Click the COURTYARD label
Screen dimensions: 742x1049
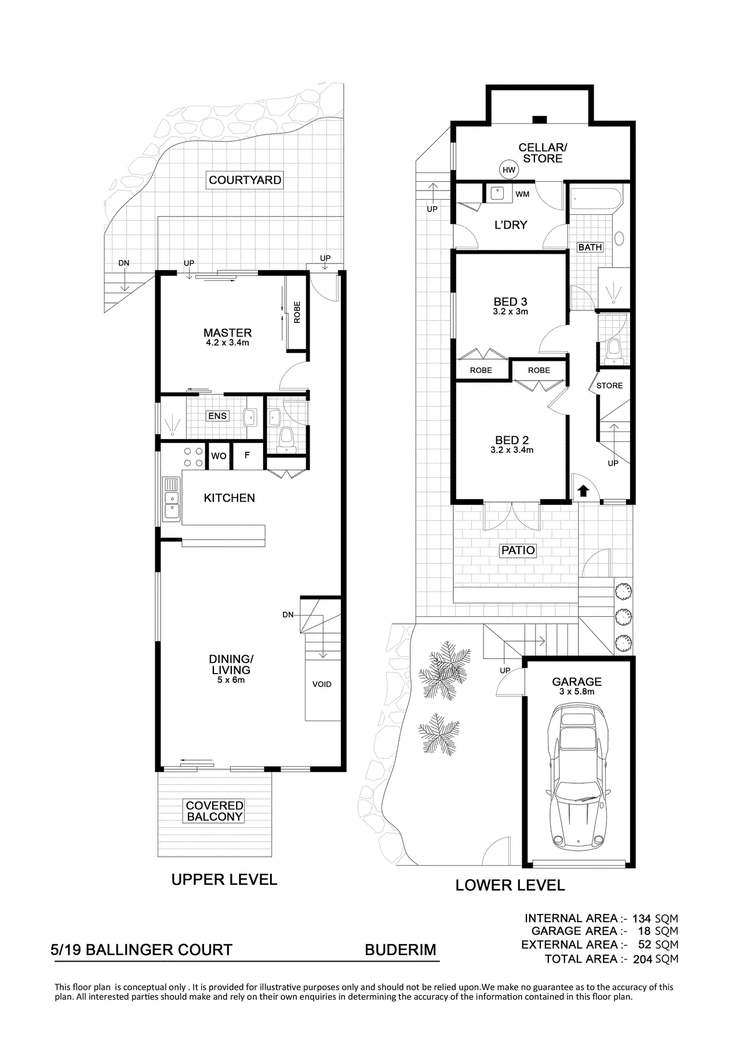(245, 180)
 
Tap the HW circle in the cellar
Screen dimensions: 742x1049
(509, 170)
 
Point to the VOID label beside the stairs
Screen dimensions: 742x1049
(322, 684)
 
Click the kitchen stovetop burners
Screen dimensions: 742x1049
(193, 456)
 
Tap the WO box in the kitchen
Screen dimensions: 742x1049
(219, 456)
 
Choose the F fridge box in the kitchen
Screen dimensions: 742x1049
(248, 456)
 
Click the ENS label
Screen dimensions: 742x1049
(217, 416)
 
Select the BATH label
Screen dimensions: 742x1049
(590, 247)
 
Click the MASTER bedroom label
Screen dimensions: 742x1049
(227, 333)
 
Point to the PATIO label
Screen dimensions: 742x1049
(518, 550)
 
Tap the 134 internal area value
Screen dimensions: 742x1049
(642, 918)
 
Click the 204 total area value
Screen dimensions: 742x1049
(642, 959)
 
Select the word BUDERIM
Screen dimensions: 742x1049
(400, 951)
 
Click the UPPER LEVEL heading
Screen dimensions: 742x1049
(224, 880)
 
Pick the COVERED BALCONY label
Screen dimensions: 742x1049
(214, 811)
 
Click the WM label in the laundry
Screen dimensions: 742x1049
(522, 194)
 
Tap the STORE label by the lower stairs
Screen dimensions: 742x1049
(609, 385)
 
